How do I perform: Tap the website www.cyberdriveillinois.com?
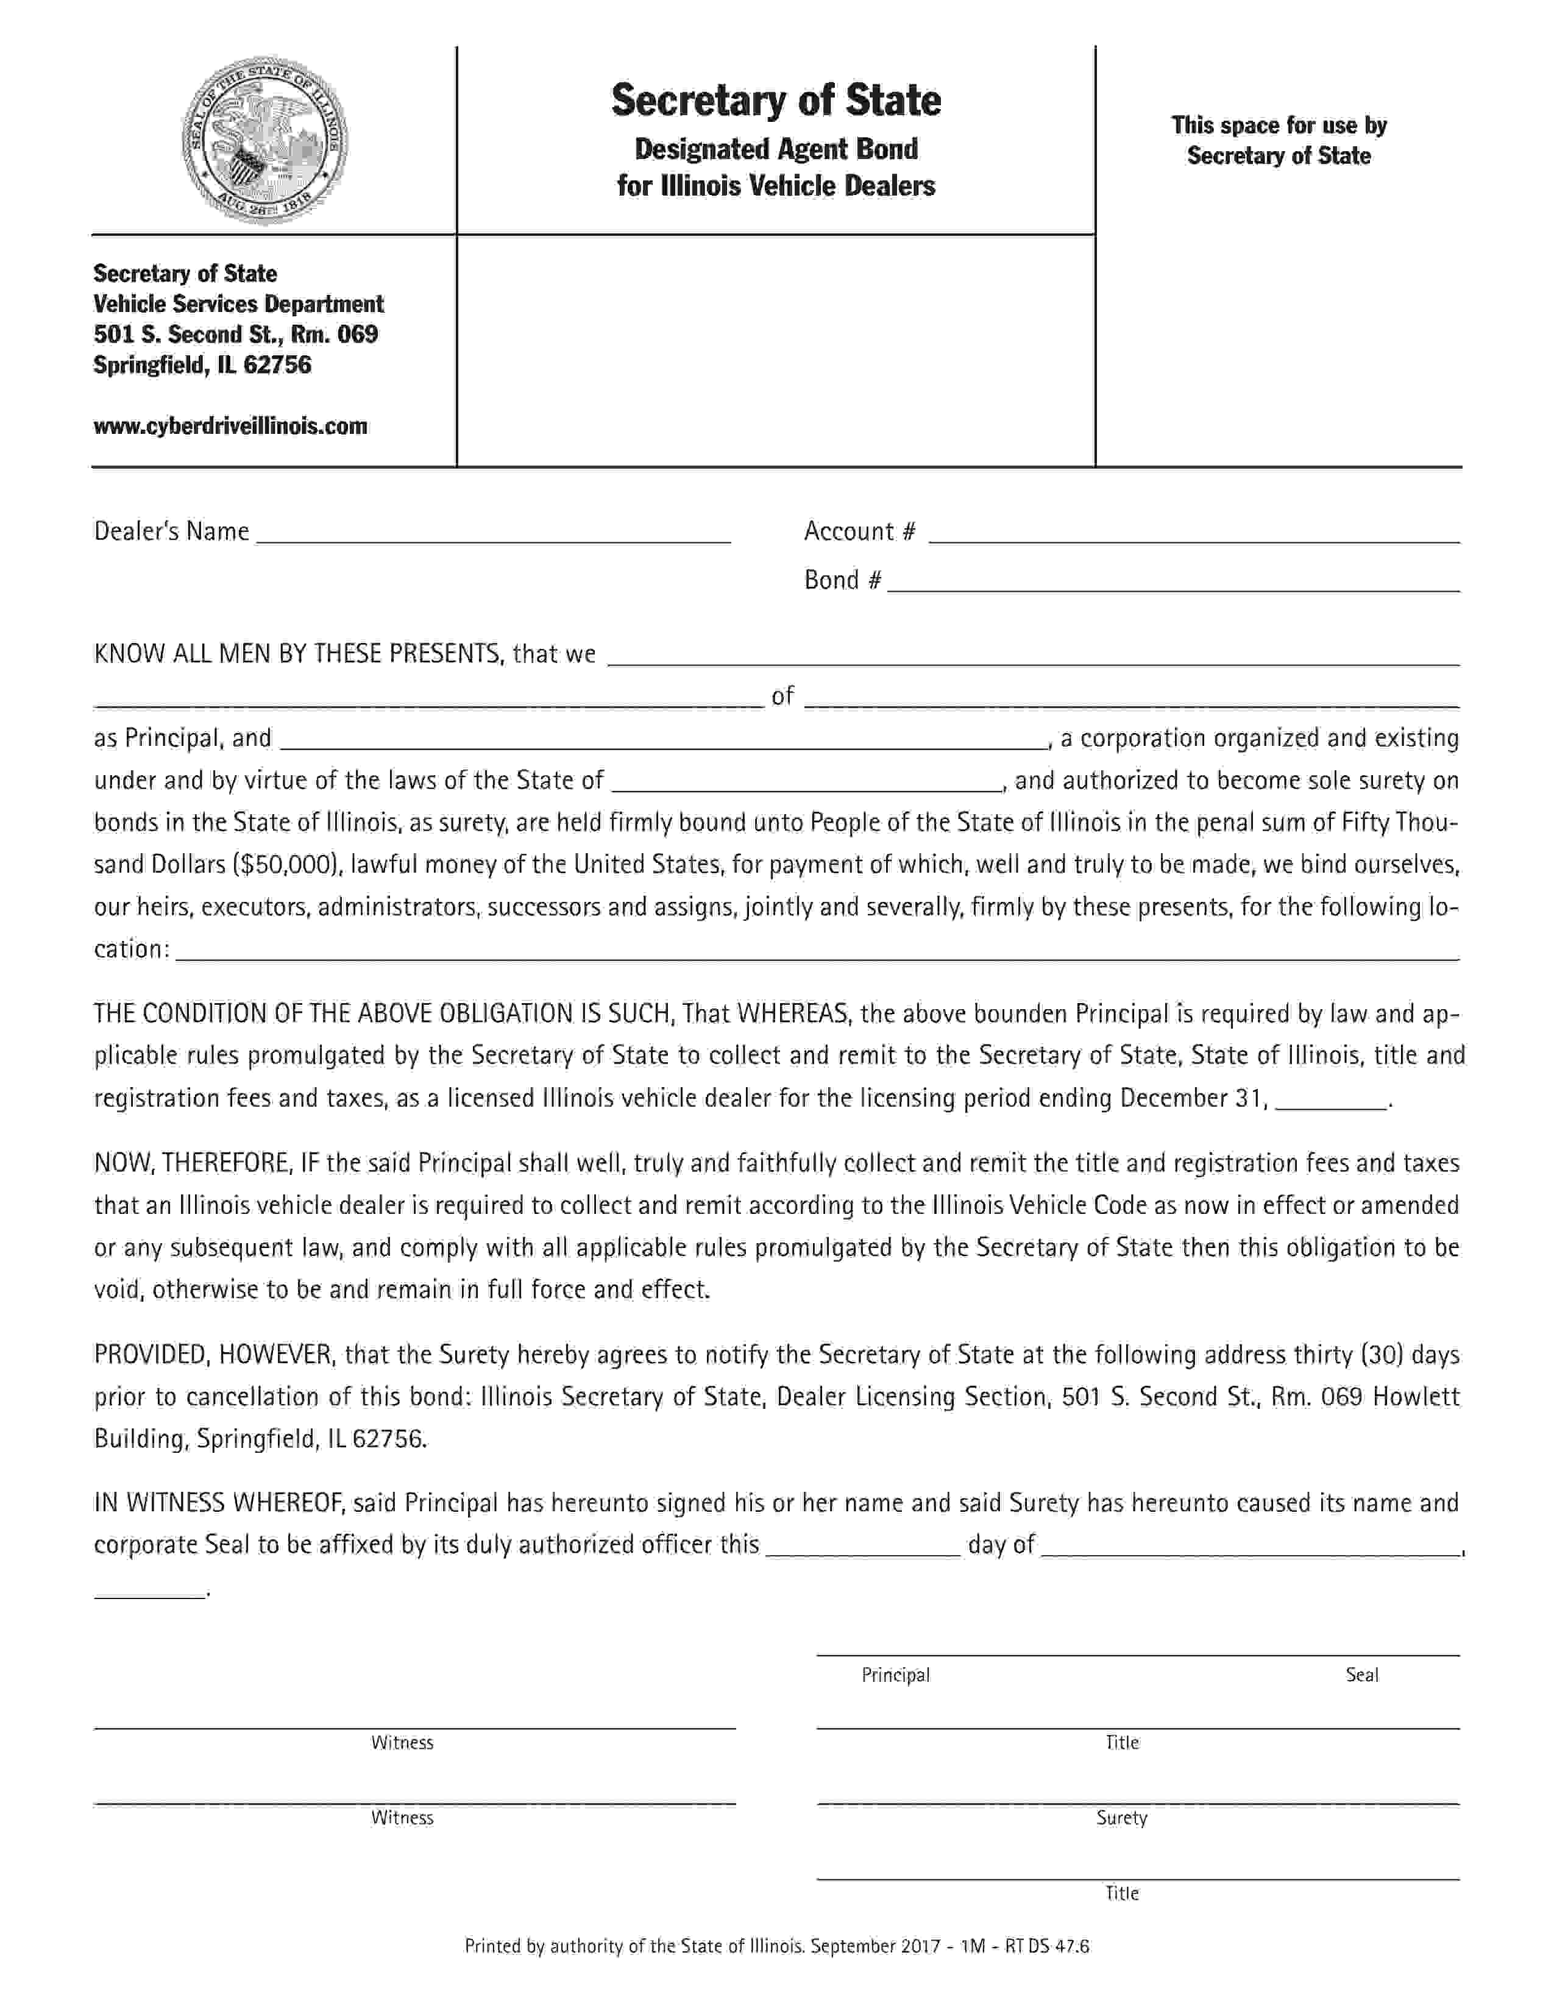click(230, 425)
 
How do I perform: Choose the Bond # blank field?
click(1173, 583)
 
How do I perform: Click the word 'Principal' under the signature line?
click(895, 1675)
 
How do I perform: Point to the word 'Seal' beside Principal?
click(1361, 1675)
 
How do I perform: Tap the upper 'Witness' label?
click(402, 1742)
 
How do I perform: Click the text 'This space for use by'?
click(1278, 125)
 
